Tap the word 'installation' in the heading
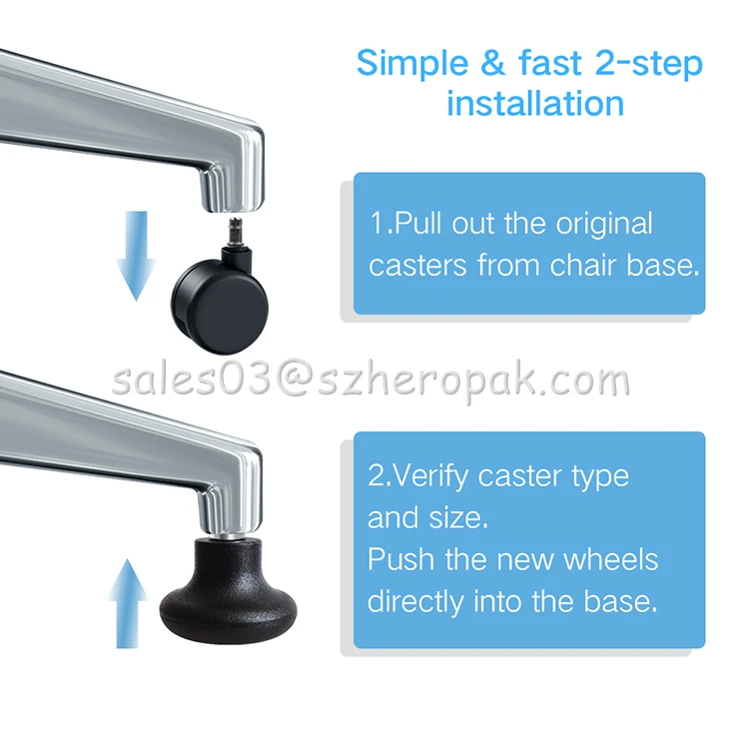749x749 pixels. (535, 103)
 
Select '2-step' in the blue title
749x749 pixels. (648, 64)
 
